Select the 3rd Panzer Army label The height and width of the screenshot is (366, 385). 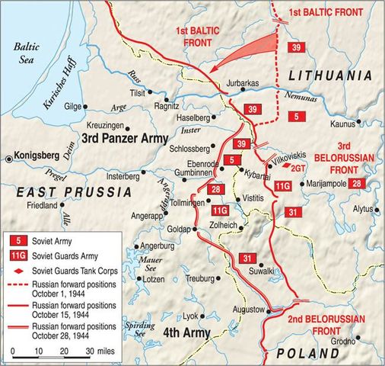pos(123,139)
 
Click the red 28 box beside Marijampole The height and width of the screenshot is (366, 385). pos(358,183)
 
